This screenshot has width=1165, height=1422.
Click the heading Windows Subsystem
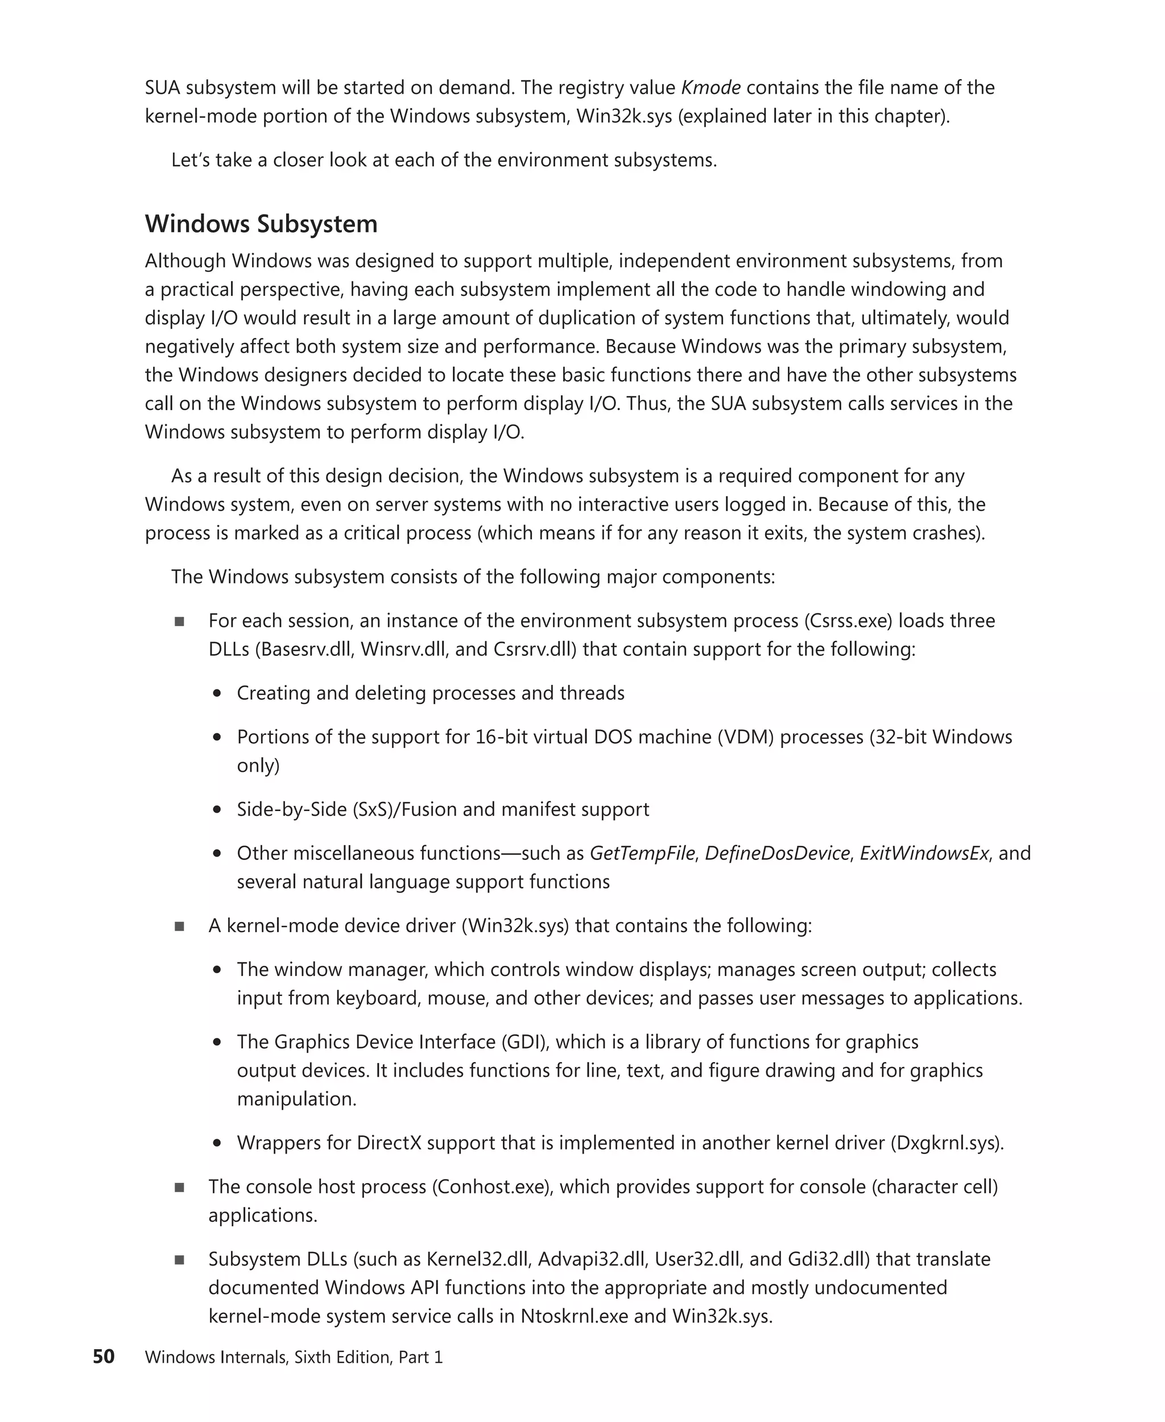tap(261, 224)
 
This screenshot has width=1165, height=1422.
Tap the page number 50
tap(104, 1356)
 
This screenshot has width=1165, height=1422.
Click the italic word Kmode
tap(710, 87)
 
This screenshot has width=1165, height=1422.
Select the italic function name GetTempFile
tap(642, 853)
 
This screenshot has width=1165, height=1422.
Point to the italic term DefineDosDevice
tap(777, 853)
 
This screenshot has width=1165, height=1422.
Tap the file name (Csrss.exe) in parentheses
tap(848, 621)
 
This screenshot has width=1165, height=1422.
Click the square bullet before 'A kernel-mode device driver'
tap(179, 926)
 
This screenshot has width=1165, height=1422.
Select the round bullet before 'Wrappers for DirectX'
tap(217, 1143)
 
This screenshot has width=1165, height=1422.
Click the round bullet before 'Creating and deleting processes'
tap(217, 693)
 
